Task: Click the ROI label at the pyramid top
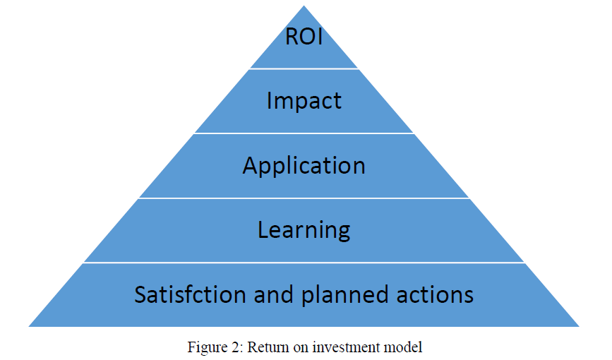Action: coord(304,37)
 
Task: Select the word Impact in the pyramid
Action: coord(304,102)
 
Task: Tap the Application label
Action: coord(304,167)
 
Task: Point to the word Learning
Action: coord(304,230)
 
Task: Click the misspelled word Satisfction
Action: coord(190,294)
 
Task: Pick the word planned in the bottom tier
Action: coord(345,296)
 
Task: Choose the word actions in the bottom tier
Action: coord(436,295)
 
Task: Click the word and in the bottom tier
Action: coord(274,294)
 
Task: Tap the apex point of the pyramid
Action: coord(304,6)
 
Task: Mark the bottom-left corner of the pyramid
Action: coord(29,326)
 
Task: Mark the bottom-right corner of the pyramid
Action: coord(580,326)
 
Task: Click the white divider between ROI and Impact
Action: coord(304,69)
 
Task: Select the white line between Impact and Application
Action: coord(304,133)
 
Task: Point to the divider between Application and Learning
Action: coord(304,198)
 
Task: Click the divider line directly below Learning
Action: coord(304,263)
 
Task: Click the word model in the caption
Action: coord(403,347)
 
